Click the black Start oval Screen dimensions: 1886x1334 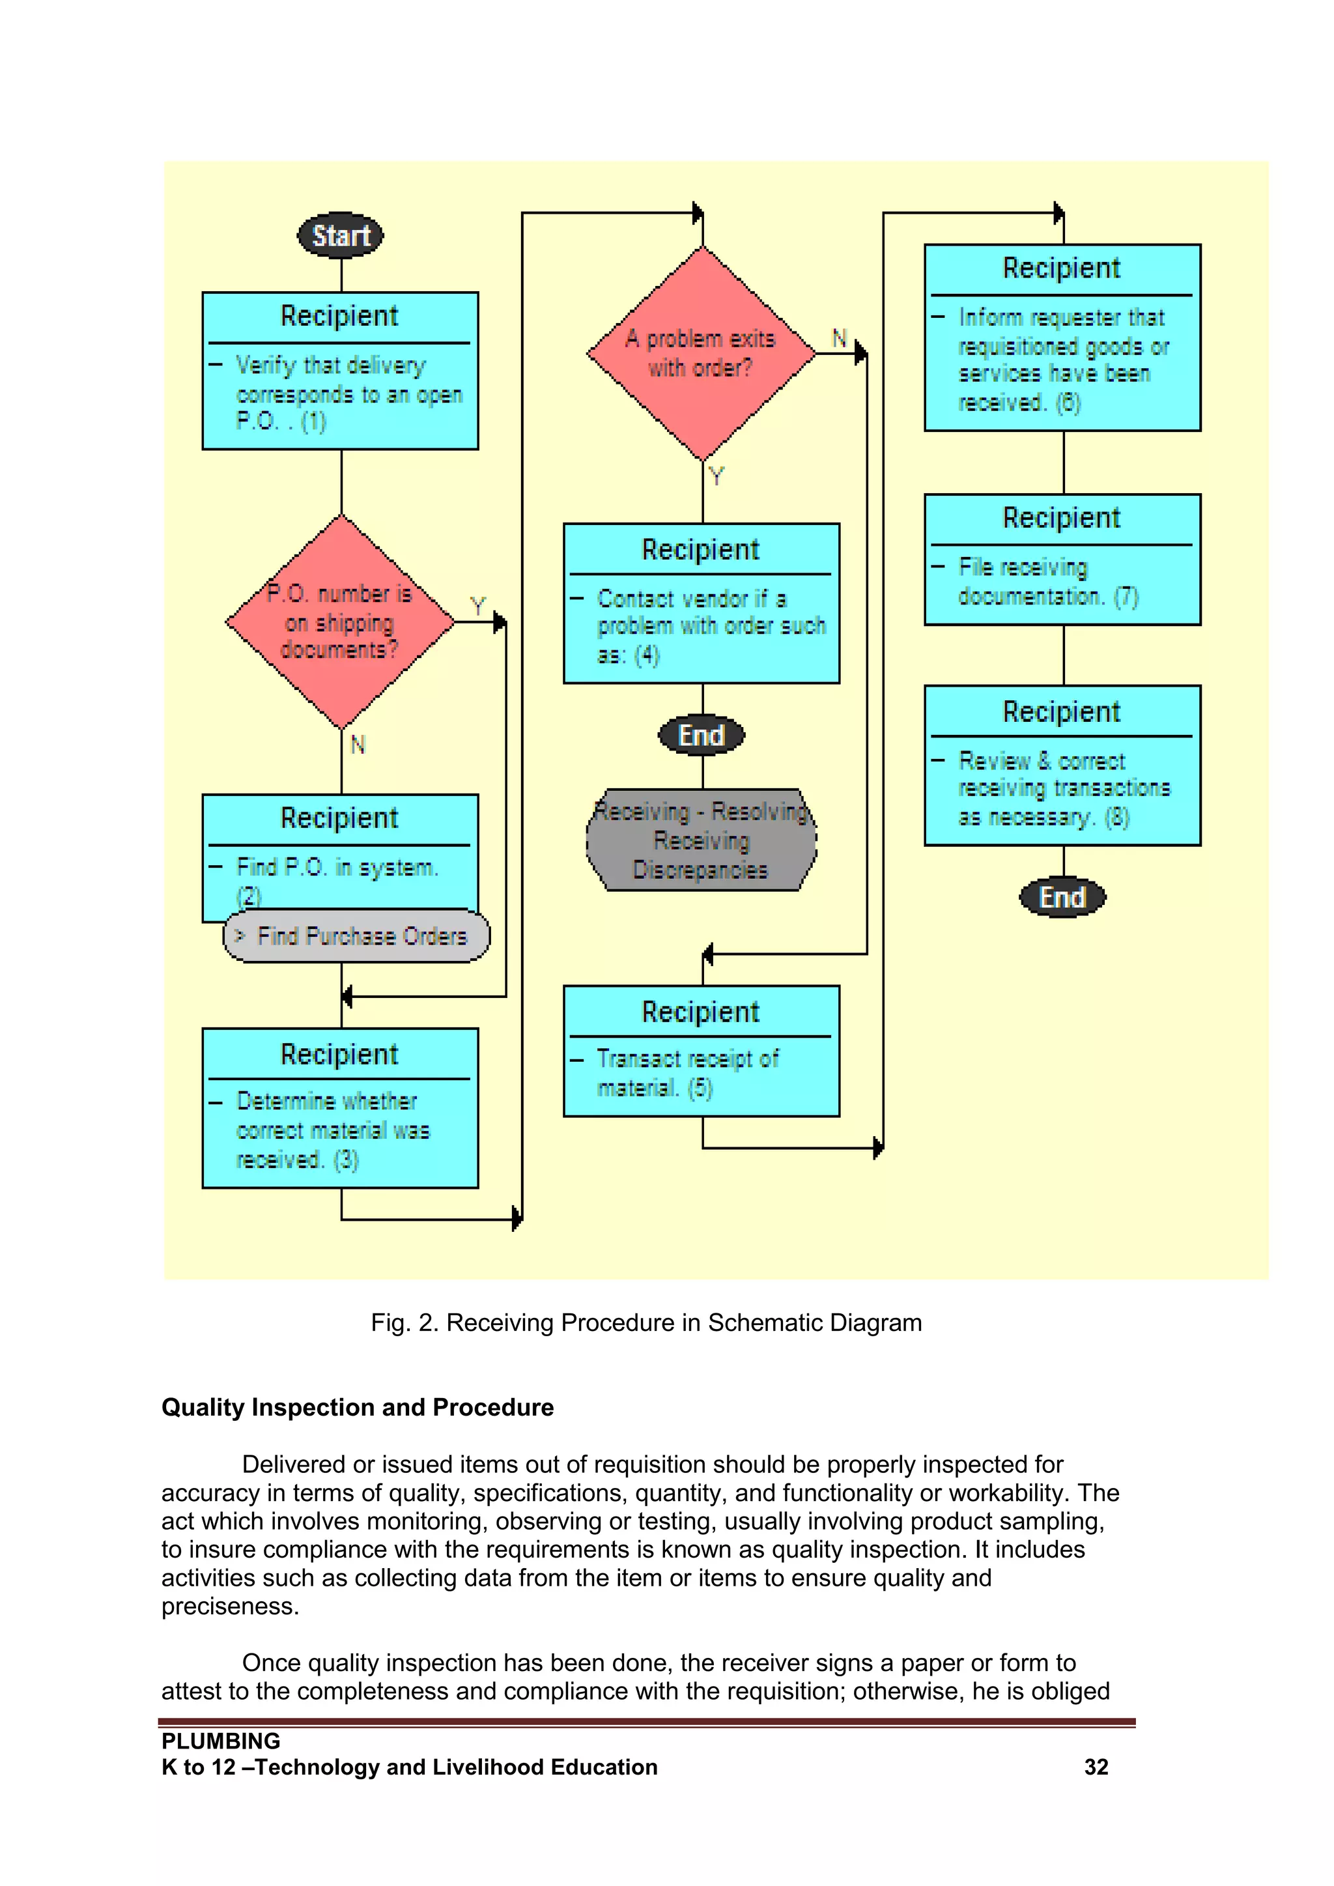pyautogui.click(x=340, y=236)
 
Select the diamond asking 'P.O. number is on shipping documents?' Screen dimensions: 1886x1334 pyautogui.click(x=340, y=622)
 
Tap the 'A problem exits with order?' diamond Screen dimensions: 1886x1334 pyautogui.click(x=702, y=353)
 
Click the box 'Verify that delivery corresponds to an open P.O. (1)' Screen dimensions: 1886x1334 pyautogui.click(x=340, y=371)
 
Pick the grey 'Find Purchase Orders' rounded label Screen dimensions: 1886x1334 pyautogui.click(x=356, y=936)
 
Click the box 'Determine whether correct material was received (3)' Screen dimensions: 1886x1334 pyautogui.click(x=340, y=1108)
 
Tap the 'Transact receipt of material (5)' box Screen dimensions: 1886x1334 pyautogui.click(x=702, y=1051)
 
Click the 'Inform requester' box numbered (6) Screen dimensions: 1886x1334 pyautogui.click(x=1062, y=337)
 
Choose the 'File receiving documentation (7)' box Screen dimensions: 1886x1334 pyautogui.click(x=1062, y=560)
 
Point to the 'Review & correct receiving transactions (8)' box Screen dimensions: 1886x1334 pyautogui.click(x=1062, y=765)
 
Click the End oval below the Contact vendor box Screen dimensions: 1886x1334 pyautogui.click(x=702, y=735)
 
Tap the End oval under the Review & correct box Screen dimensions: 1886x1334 pyautogui.click(x=1062, y=897)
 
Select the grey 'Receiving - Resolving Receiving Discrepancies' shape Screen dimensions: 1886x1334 pyautogui.click(x=702, y=840)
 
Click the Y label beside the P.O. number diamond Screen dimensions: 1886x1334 pyautogui.click(x=478, y=607)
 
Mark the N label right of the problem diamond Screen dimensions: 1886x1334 pyautogui.click(x=839, y=337)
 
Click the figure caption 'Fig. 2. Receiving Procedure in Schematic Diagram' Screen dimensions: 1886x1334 pyautogui.click(x=646, y=1322)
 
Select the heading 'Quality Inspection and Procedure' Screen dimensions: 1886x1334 pyautogui.click(x=358, y=1407)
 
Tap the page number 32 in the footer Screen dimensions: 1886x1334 pyautogui.click(x=1096, y=1767)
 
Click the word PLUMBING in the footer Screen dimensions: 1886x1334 pyautogui.click(x=220, y=1741)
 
